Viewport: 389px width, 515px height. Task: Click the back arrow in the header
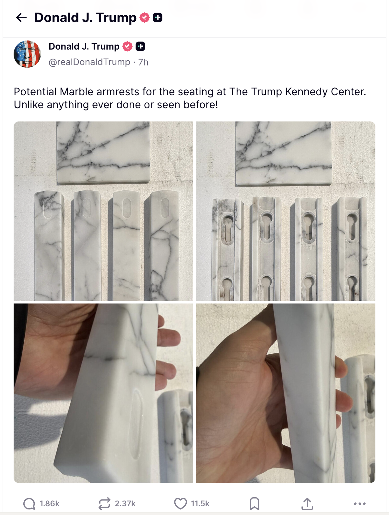[21, 17]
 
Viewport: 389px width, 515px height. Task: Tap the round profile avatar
[27, 54]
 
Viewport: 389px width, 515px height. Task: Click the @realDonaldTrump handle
[89, 62]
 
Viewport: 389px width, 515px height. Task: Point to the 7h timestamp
[143, 62]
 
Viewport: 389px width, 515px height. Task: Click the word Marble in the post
[77, 92]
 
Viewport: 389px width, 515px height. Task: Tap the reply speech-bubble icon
[29, 504]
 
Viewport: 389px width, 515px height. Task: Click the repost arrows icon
[104, 504]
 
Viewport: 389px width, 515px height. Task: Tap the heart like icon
[180, 504]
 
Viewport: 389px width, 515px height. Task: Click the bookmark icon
[254, 504]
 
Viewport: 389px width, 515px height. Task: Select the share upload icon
[307, 504]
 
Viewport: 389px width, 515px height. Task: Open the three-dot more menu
[360, 504]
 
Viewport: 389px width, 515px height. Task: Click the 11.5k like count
[200, 504]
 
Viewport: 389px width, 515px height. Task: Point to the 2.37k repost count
[125, 504]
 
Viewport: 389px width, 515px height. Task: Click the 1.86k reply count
[50, 504]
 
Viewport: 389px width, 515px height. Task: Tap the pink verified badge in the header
[144, 17]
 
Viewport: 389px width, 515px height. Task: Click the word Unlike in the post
[29, 105]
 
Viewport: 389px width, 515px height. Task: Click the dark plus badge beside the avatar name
[140, 46]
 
